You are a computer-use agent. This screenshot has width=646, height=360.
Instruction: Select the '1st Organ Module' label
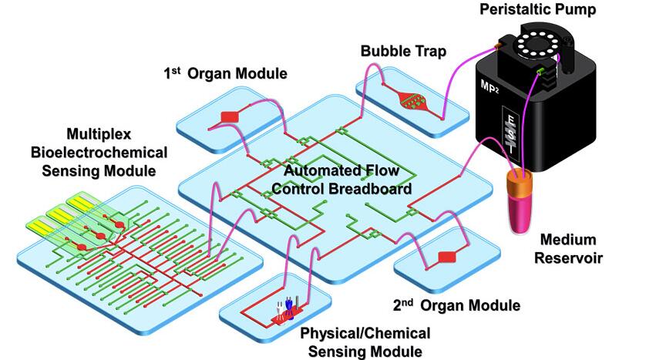point(225,74)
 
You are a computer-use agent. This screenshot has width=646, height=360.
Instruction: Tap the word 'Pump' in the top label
point(584,10)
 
